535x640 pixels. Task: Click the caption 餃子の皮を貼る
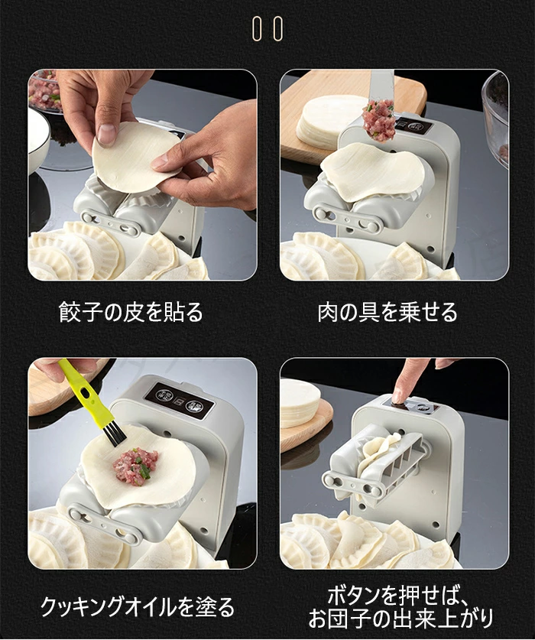click(131, 312)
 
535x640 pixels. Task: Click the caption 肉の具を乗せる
click(387, 312)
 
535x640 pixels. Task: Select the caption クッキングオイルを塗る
click(138, 607)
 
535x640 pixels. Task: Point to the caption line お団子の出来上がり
click(400, 619)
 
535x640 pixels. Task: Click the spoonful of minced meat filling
click(378, 120)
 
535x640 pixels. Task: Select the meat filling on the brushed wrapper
click(135, 466)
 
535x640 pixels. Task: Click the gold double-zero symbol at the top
click(267, 28)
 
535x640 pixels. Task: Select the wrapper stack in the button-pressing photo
click(299, 402)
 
